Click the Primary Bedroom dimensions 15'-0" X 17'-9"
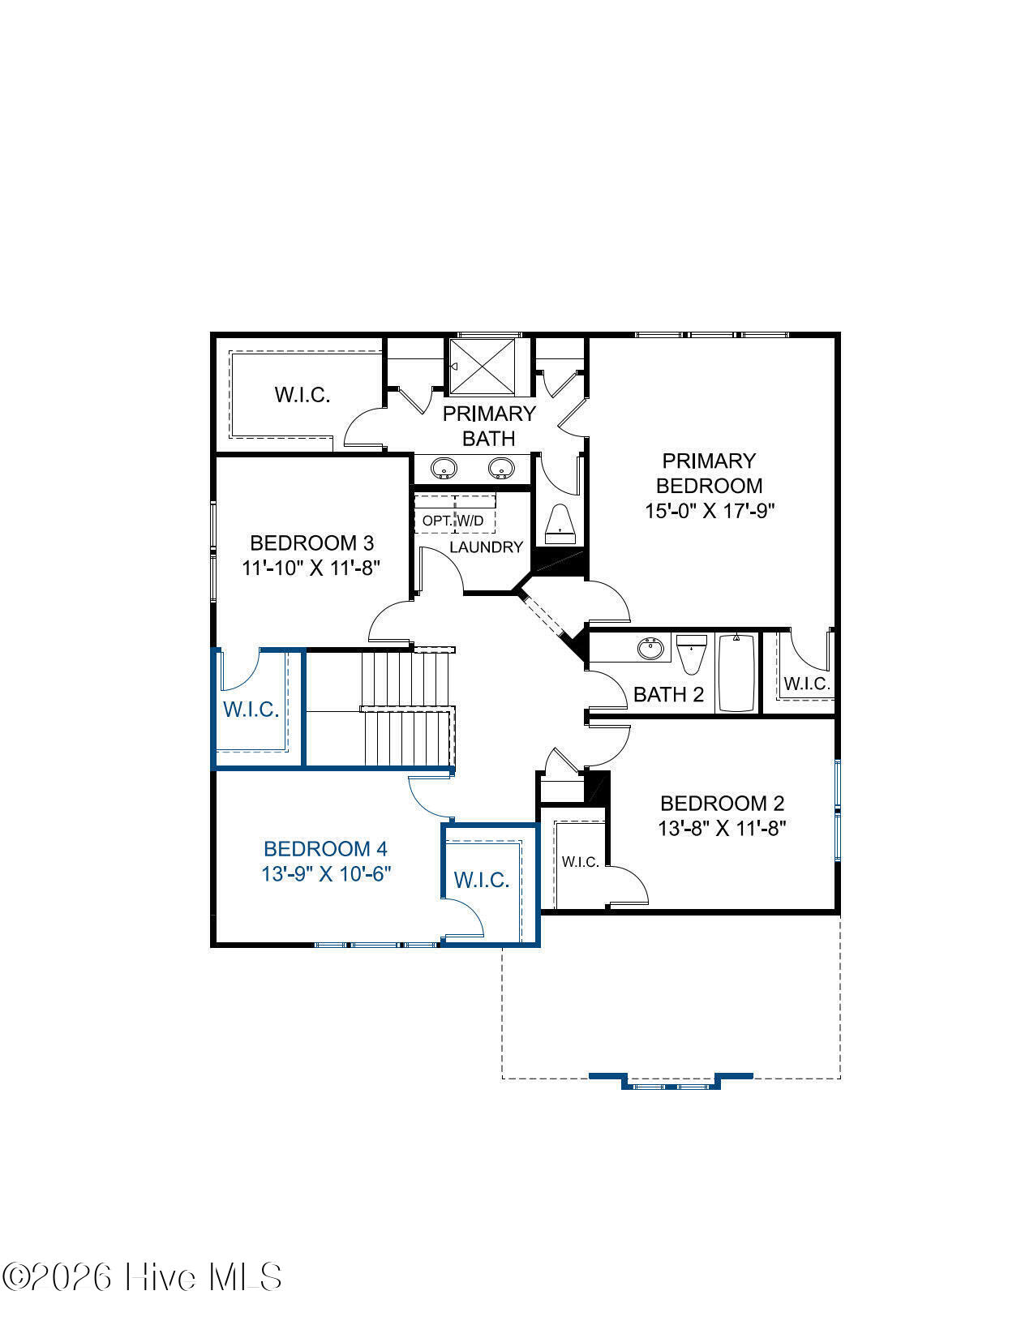tap(710, 511)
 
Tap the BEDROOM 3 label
tap(311, 543)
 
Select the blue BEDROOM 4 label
tap(326, 849)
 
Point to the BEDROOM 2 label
tap(723, 804)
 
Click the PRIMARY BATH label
tap(489, 426)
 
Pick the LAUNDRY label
tap(486, 547)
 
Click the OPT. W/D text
tap(453, 521)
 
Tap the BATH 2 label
tap(669, 695)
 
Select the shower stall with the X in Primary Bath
tap(483, 367)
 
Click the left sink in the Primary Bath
tap(444, 468)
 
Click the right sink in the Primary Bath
tap(501, 468)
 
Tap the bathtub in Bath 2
tap(736, 673)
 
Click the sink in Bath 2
tap(650, 649)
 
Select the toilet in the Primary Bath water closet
tap(560, 525)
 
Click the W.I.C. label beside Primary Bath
tap(302, 395)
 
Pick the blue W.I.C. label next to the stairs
tap(251, 710)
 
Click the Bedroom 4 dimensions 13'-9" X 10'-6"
tap(326, 873)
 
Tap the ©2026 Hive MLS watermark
tap(142, 1276)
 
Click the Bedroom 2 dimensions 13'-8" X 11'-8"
tap(723, 828)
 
